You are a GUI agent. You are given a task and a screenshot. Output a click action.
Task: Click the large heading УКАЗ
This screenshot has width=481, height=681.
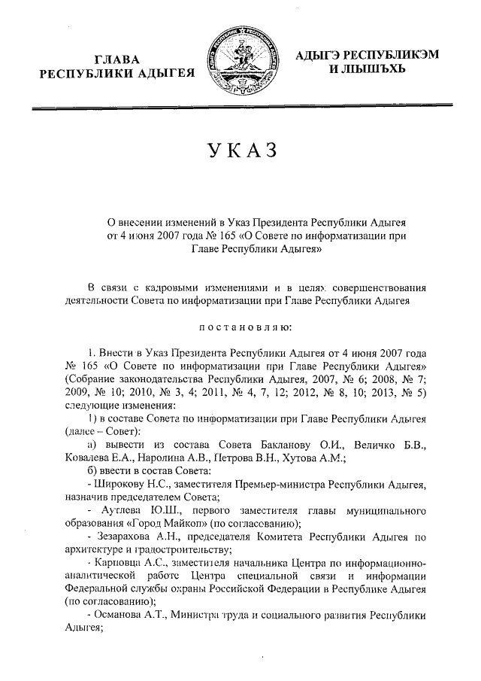pos(240,149)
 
